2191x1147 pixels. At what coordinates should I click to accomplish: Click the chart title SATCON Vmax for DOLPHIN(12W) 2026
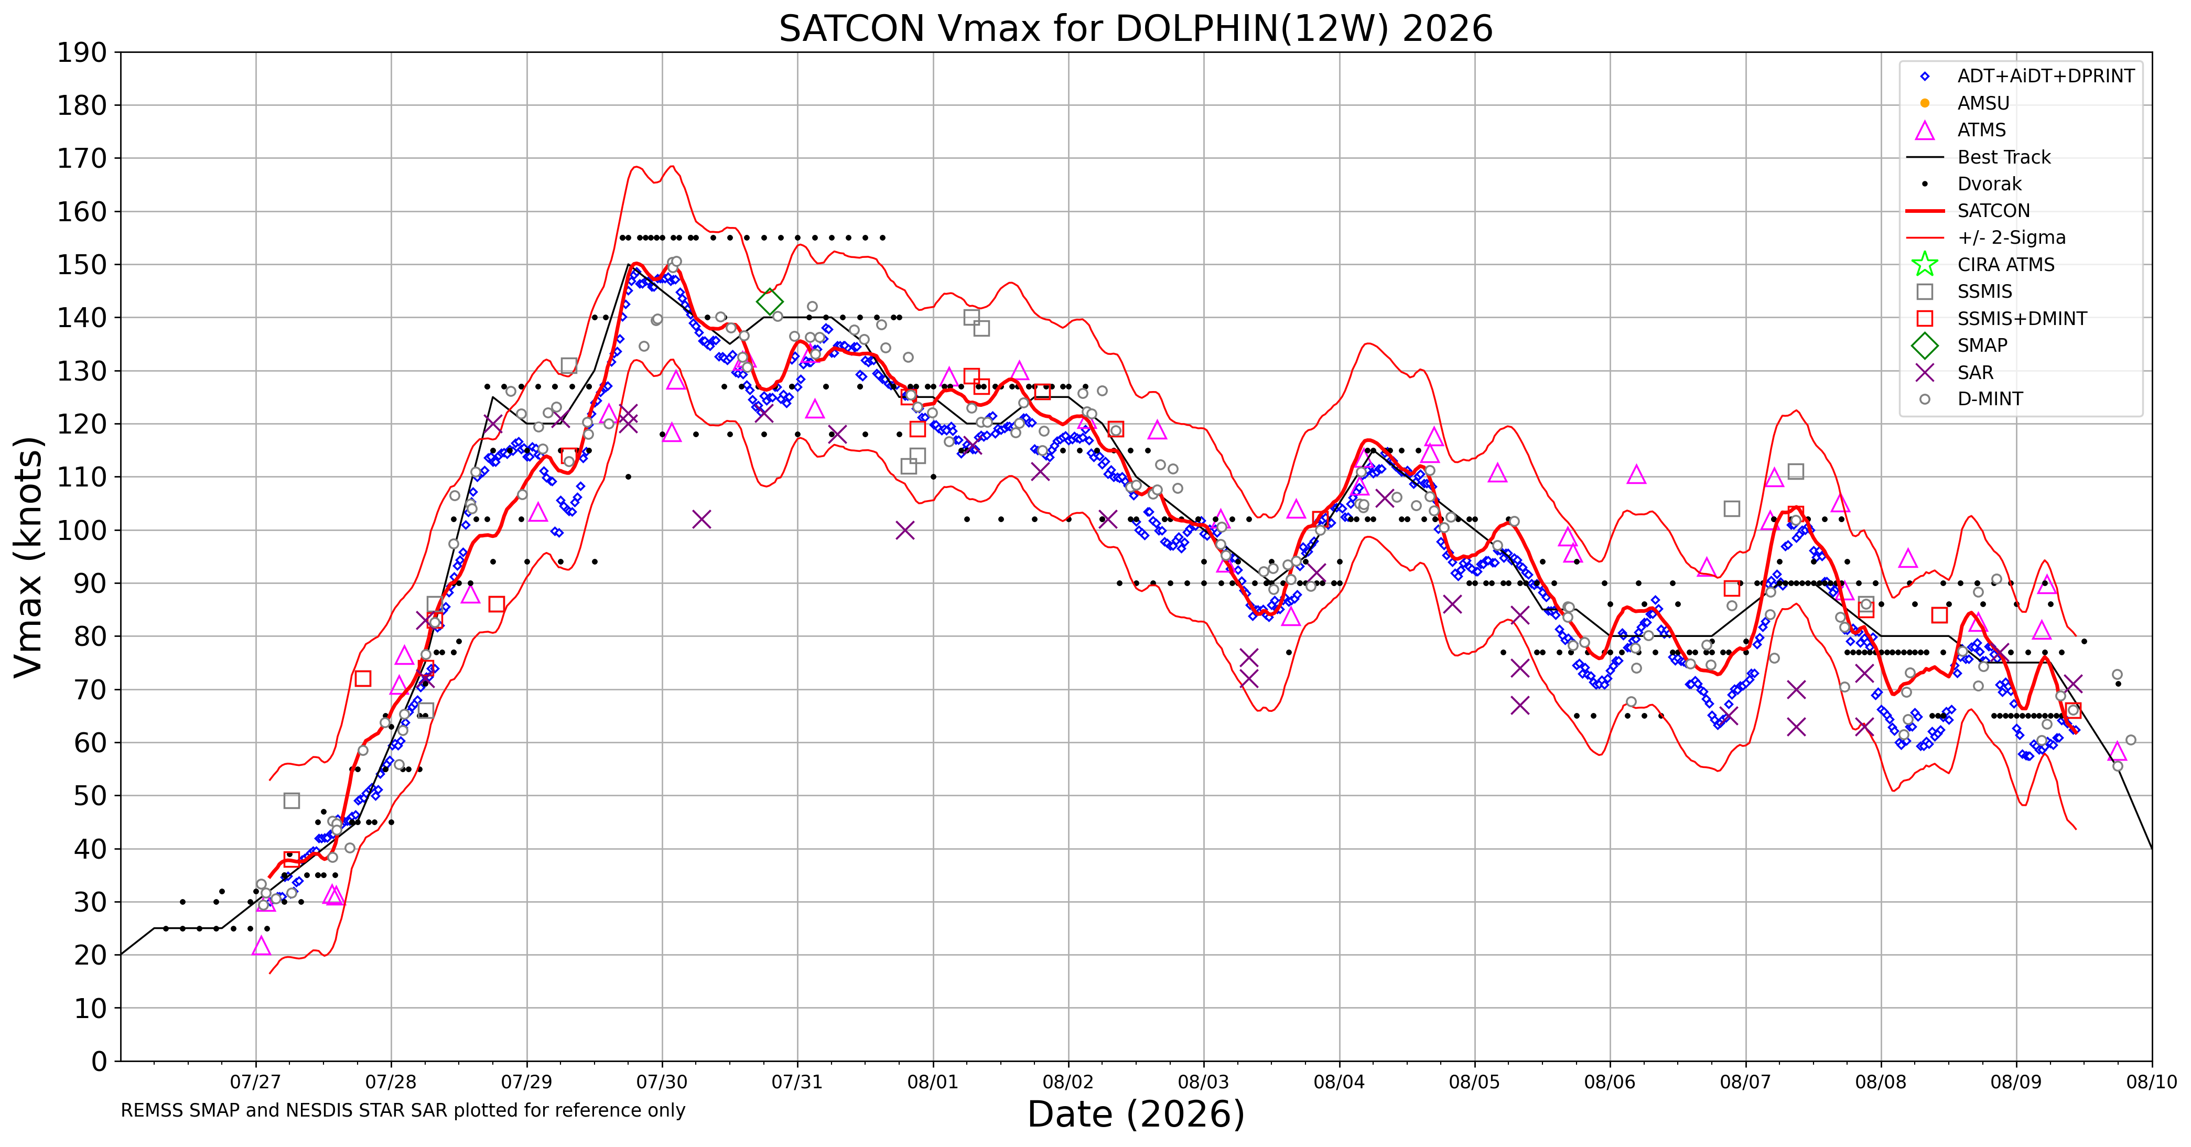point(1136,29)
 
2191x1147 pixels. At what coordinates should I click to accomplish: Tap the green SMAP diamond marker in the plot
point(769,301)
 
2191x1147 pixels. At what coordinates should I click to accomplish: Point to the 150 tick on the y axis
point(82,264)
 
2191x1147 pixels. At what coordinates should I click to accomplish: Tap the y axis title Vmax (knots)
point(28,557)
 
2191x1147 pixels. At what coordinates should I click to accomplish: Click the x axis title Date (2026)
point(1136,1114)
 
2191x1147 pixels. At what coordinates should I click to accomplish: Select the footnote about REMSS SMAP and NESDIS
point(403,1110)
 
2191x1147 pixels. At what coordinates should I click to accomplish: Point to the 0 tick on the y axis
point(100,1061)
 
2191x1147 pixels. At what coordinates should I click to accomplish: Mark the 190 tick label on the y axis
point(82,53)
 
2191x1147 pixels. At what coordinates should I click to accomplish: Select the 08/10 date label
point(2152,1083)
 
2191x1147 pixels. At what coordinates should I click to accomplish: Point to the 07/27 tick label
point(255,1083)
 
